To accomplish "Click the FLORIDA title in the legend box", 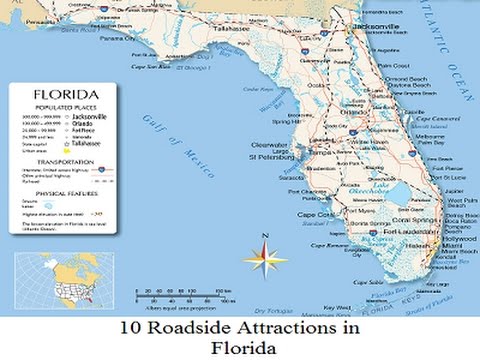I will click(62, 92).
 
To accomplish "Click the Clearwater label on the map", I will click(269, 145).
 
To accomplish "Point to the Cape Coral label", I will click(315, 214).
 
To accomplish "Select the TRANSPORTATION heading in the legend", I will click(61, 160).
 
